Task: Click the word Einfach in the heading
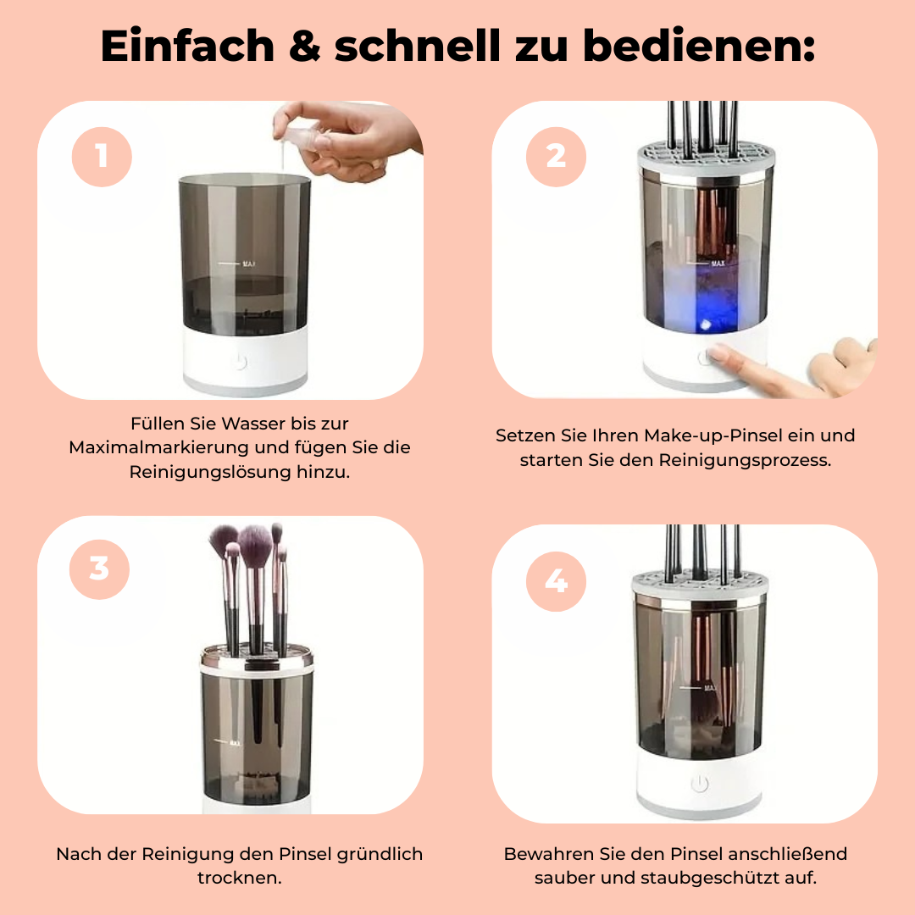pos(187,46)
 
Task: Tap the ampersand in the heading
pos(305,46)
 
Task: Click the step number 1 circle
pos(103,157)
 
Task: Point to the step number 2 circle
pos(556,157)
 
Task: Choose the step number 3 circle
pos(99,569)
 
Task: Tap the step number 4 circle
pos(556,581)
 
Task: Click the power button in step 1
pos(240,362)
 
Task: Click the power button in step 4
pos(700,783)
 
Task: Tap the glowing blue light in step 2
pos(706,324)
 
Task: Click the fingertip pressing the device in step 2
pos(718,352)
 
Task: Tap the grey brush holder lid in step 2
pos(707,158)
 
